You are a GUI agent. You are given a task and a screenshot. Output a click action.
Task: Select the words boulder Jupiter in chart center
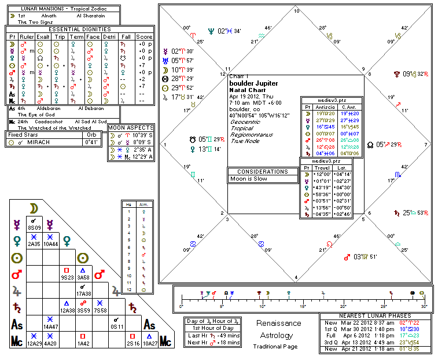[253, 83]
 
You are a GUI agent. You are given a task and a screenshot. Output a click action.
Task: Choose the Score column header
[143, 36]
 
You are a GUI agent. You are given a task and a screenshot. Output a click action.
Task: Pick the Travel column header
[322, 168]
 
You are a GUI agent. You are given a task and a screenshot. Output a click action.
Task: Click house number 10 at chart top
[297, 11]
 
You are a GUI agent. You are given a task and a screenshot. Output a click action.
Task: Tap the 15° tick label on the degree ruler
[303, 306]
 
